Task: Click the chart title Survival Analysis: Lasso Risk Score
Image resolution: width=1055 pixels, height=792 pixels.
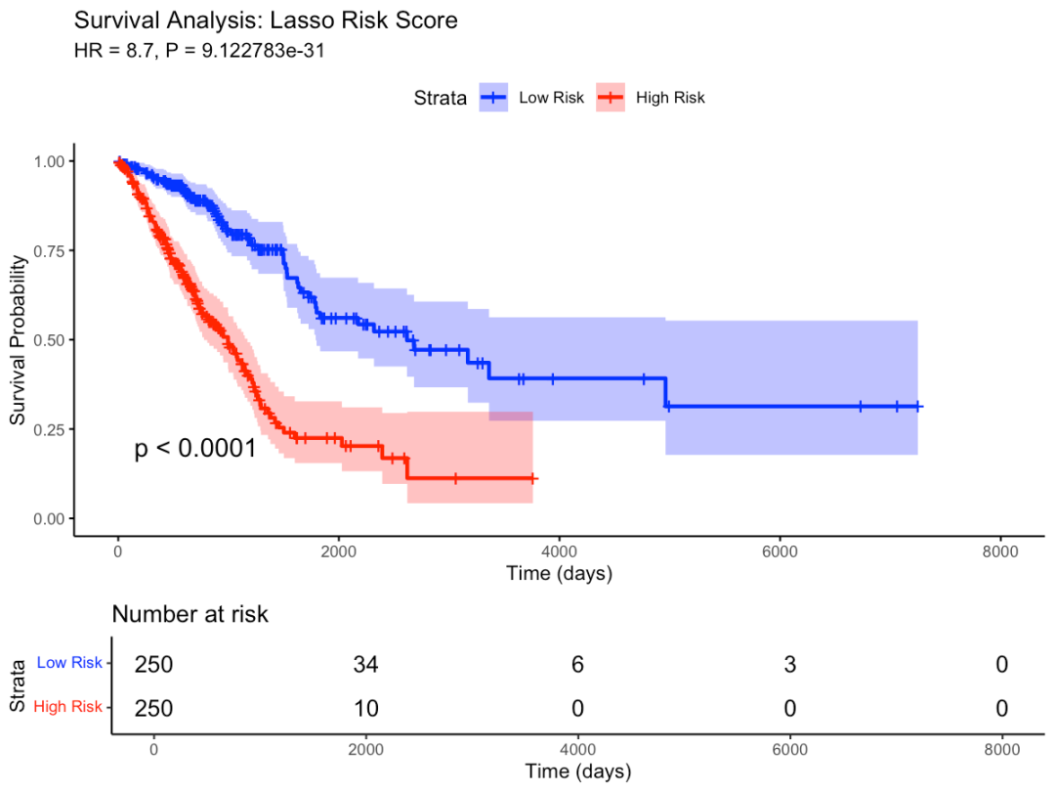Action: tap(266, 21)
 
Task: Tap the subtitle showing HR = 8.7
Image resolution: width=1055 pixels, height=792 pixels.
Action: tap(199, 51)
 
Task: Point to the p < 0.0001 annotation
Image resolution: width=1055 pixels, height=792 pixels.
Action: tap(195, 449)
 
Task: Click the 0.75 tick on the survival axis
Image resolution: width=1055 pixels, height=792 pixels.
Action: tap(45, 250)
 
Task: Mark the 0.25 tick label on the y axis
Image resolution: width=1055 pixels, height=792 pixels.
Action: tap(45, 429)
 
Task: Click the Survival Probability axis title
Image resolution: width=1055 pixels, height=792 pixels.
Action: tap(18, 339)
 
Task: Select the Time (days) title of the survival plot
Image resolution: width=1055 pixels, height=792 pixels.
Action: tap(559, 574)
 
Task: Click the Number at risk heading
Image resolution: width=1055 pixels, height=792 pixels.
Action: tap(190, 614)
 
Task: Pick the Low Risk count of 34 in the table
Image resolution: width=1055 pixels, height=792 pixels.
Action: tap(365, 665)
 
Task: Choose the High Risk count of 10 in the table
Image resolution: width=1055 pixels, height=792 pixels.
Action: tap(365, 708)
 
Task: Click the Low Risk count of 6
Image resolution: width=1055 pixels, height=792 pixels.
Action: tap(577, 665)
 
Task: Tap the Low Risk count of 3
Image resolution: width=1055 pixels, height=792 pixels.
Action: tap(789, 665)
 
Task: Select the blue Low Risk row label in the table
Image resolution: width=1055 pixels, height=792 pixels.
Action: tap(68, 663)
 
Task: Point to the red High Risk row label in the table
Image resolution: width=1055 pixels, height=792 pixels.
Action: tap(66, 706)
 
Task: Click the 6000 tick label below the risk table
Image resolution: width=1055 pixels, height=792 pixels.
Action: tap(789, 750)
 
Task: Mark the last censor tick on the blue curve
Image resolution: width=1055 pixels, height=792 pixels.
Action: tap(917, 407)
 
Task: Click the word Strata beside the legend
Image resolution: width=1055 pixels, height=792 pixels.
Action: tap(440, 97)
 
